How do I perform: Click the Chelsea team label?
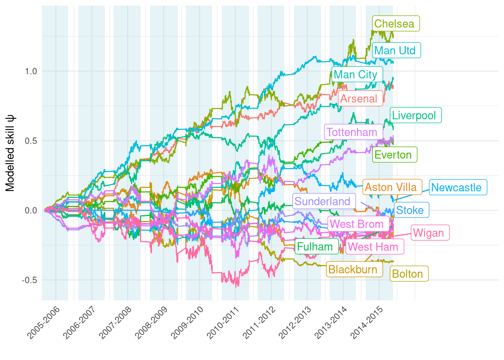coord(396,24)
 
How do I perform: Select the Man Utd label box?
coord(397,50)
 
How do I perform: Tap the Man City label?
coord(357,75)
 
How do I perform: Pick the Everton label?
coord(394,155)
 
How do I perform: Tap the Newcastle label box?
coord(457,187)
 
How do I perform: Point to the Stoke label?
coord(411,210)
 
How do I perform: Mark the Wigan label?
coord(430,233)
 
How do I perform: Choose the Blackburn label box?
coord(354,269)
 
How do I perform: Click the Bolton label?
coord(409,274)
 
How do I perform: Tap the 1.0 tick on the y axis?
coord(31,71)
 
